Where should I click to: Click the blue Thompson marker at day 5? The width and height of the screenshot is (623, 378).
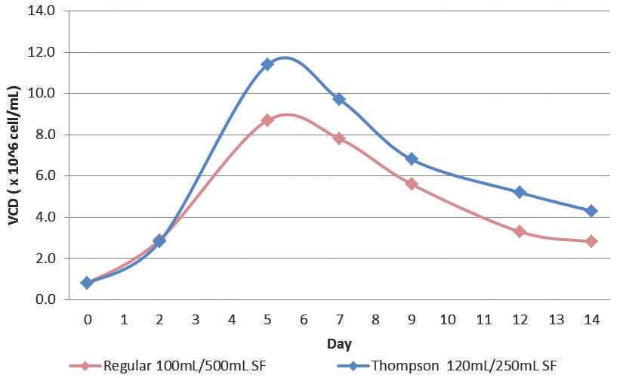tap(267, 64)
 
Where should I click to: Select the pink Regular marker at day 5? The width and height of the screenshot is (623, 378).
tap(267, 120)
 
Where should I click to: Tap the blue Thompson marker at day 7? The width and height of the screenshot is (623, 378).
tap(339, 99)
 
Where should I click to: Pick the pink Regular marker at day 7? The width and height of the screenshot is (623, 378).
tap(339, 138)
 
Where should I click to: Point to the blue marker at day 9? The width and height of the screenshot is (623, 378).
tap(412, 159)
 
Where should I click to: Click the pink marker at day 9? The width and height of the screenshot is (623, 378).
tap(412, 184)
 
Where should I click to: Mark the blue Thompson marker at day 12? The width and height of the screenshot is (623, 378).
tap(520, 192)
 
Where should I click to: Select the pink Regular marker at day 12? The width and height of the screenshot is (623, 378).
tap(520, 231)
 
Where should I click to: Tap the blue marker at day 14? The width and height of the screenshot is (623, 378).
tap(591, 210)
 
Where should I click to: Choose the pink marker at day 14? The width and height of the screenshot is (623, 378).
tap(591, 241)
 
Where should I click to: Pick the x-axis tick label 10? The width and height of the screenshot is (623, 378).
tap(447, 320)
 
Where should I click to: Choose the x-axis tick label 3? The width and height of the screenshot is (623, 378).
tap(196, 320)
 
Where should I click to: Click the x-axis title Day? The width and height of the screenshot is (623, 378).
tap(339, 344)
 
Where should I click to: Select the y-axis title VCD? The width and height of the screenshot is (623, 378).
tap(13, 155)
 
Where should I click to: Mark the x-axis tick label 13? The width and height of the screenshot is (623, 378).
tap(555, 320)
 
